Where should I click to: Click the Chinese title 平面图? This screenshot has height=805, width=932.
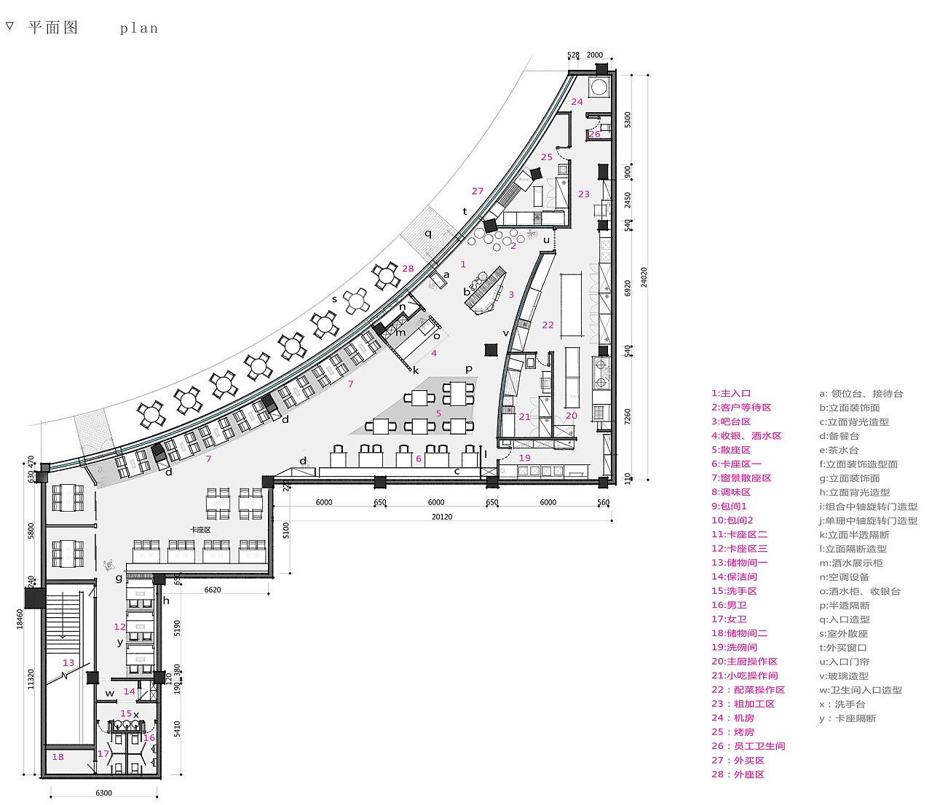click(52, 28)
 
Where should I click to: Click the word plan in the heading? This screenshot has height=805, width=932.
click(139, 28)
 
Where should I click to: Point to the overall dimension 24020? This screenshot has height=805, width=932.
click(644, 277)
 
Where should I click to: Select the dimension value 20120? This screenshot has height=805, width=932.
click(442, 517)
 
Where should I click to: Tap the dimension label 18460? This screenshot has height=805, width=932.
click(20, 619)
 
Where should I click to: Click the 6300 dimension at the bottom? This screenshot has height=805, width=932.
click(104, 793)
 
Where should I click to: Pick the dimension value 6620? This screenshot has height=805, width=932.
click(213, 590)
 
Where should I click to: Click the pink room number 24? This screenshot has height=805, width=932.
click(577, 102)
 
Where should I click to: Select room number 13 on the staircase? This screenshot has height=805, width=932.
click(68, 663)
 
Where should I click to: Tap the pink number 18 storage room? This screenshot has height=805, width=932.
click(58, 757)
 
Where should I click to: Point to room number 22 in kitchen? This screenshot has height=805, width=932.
click(548, 325)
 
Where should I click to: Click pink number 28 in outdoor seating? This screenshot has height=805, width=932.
click(408, 269)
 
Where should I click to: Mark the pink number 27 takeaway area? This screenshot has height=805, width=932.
click(478, 191)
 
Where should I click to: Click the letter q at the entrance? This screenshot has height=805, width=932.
click(428, 234)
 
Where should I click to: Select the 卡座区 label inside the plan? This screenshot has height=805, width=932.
click(200, 530)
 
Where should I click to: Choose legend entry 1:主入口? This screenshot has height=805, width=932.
click(731, 393)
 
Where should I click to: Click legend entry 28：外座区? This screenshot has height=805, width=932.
click(738, 774)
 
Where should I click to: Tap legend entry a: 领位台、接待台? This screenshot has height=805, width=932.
click(861, 393)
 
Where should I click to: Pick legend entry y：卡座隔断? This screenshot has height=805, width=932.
click(848, 718)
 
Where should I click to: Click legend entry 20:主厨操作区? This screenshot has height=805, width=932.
click(744, 662)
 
